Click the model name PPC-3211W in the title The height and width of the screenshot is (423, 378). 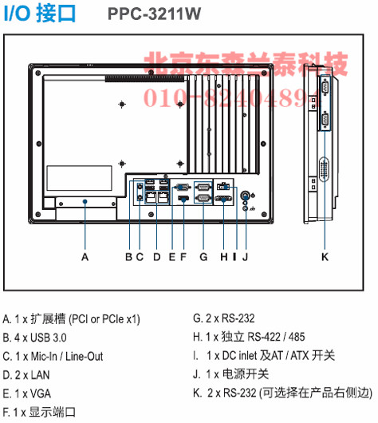click(154, 14)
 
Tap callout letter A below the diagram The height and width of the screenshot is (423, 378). click(85, 257)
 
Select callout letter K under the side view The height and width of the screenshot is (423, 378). click(325, 257)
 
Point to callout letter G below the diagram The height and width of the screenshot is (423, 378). click(203, 257)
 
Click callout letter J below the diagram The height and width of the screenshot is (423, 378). click(246, 257)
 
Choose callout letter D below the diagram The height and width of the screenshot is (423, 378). click(157, 257)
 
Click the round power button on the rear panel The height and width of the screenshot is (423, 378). click(246, 195)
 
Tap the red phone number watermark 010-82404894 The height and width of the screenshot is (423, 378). click(232, 97)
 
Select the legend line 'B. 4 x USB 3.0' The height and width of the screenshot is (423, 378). click(34, 338)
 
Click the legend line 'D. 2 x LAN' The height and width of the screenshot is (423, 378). click(26, 375)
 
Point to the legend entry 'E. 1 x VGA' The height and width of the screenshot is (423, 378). click(26, 393)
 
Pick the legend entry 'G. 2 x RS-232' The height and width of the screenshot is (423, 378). click(224, 318)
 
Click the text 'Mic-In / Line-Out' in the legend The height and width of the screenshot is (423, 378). click(67, 357)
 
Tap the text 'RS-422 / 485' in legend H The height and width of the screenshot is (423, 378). click(276, 337)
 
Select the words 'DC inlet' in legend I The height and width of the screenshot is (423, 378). click(239, 355)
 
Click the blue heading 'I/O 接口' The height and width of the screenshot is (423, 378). click(40, 14)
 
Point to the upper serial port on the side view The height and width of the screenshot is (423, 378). click(325, 87)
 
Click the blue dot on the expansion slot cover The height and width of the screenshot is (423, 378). click(85, 201)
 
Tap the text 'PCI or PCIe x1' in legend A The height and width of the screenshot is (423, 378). click(104, 319)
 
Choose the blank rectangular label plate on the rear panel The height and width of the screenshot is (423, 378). click(79, 178)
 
